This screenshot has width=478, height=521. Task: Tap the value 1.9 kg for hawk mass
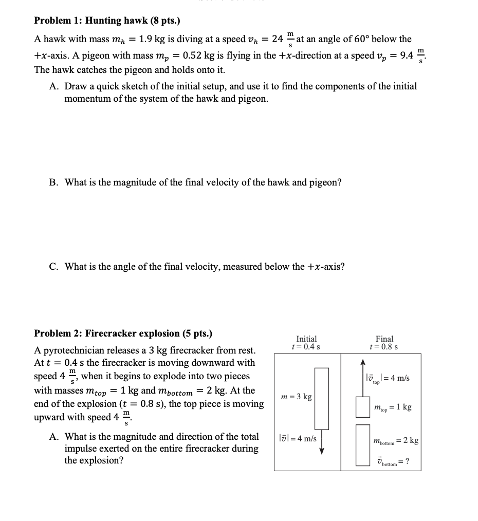pos(152,39)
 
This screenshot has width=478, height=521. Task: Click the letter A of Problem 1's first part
pos(53,86)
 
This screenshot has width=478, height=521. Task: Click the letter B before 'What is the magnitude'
pos(53,182)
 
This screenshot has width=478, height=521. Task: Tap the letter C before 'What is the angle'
pos(53,266)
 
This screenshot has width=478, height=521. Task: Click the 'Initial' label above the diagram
pos(306,339)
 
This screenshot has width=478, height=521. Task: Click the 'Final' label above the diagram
pos(384,339)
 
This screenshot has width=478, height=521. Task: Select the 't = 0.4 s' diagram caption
pos(306,347)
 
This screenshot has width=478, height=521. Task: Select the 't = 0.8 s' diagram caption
pos(384,347)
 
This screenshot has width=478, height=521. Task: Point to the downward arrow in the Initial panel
pos(322,442)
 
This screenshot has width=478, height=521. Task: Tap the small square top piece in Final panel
pos(362,407)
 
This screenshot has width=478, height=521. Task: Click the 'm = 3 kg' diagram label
pos(297,397)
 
